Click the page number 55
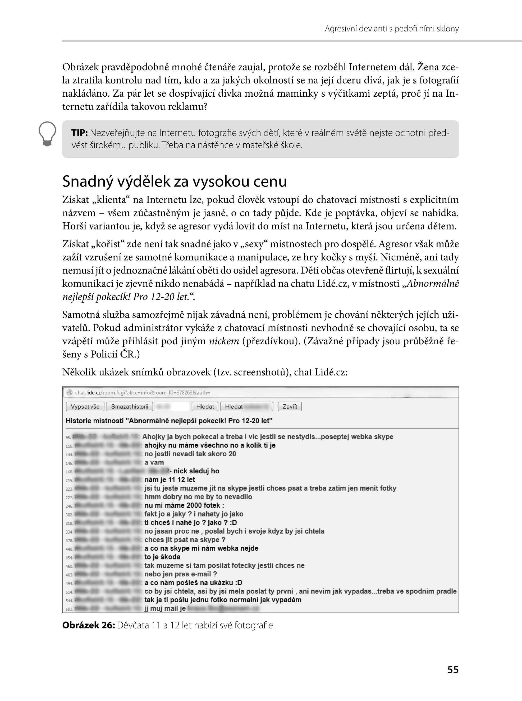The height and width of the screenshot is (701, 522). click(452, 670)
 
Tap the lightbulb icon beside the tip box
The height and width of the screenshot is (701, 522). click(47, 134)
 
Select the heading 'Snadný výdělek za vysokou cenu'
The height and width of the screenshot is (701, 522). click(175, 181)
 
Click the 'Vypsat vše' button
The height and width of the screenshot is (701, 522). click(85, 406)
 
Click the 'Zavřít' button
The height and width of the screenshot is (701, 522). click(290, 406)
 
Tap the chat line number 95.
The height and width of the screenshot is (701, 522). click(68, 437)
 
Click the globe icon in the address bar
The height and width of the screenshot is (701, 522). click(69, 392)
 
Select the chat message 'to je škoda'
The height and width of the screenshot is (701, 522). click(162, 557)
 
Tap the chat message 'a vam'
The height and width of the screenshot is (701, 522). click(154, 463)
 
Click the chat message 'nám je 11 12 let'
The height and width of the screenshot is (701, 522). click(170, 479)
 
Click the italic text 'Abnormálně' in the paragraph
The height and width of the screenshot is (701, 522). click(433, 284)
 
